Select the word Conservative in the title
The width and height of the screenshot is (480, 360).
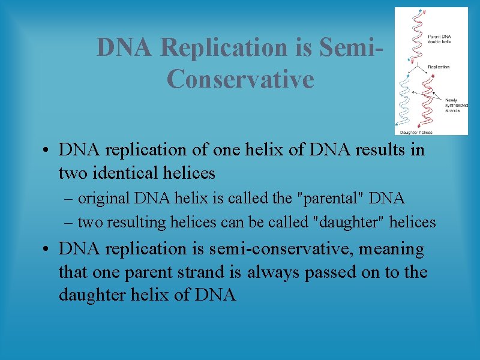(x=240, y=79)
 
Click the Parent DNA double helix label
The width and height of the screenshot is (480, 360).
(x=439, y=39)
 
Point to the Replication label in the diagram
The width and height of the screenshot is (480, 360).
(x=439, y=67)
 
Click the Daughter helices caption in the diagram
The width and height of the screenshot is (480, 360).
(x=416, y=131)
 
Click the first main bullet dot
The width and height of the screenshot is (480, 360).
(x=46, y=150)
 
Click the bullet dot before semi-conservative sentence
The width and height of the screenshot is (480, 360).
(x=46, y=248)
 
